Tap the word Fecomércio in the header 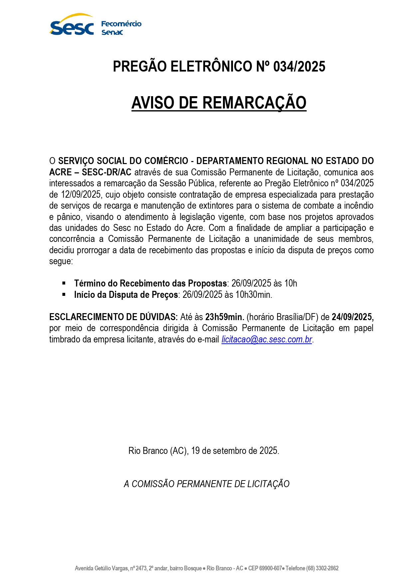click(x=121, y=24)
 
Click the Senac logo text click(x=112, y=32)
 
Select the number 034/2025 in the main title click(x=299, y=67)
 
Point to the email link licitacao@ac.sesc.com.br click(x=267, y=339)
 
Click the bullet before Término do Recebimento click(x=64, y=283)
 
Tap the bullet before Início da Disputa click(x=64, y=294)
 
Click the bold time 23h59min click(x=225, y=317)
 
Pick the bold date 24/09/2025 click(x=352, y=317)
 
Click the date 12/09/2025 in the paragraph click(x=81, y=195)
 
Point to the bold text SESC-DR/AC click(x=106, y=172)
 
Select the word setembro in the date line click(x=229, y=451)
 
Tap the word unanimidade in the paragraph click(x=276, y=239)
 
